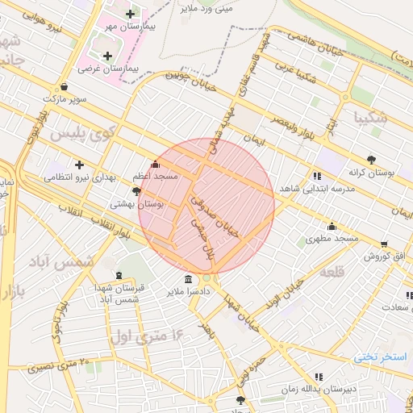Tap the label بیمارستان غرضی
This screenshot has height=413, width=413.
(111, 69)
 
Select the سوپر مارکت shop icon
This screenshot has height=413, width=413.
(64, 86)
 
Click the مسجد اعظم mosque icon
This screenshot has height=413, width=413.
(156, 164)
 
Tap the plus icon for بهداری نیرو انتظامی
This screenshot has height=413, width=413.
(79, 165)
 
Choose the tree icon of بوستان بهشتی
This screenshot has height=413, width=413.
(136, 192)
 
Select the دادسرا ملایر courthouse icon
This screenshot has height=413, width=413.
(188, 279)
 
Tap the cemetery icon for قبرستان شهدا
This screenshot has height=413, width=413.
(119, 276)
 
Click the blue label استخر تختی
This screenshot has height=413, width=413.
(382, 357)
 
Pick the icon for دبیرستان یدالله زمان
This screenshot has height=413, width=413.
(319, 376)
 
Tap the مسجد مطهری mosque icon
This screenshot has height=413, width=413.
(332, 227)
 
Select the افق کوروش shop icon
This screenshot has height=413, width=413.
(383, 244)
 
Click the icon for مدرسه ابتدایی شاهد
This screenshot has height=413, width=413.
(316, 176)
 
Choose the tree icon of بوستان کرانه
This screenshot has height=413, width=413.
(370, 160)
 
